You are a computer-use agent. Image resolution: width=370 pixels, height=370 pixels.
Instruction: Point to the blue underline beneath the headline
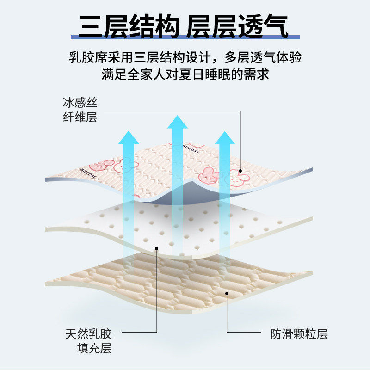[x=185, y=37]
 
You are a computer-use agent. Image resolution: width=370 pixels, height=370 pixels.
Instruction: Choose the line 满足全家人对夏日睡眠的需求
[x=185, y=74]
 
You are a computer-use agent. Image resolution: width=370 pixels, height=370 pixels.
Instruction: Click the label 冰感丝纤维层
[x=80, y=110]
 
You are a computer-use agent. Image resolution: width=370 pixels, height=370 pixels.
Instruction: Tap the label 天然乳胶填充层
[x=88, y=340]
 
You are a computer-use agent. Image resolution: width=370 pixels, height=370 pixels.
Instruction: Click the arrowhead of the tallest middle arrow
[x=177, y=122]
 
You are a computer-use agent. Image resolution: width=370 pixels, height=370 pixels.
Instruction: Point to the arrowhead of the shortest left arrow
[x=129, y=137]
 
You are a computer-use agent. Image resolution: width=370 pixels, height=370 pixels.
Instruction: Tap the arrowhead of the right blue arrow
[x=226, y=138]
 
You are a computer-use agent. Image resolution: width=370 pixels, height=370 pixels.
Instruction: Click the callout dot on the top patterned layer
[x=240, y=171]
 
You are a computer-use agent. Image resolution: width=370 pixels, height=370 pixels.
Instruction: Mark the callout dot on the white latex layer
[x=157, y=248]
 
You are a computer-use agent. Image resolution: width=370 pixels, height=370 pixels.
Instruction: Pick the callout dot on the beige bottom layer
[x=227, y=293]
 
